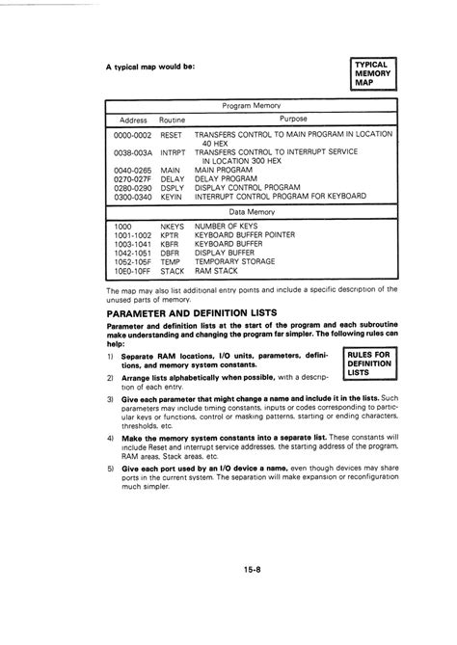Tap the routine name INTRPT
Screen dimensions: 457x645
pos(173,152)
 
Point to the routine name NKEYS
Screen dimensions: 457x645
pos(173,227)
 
